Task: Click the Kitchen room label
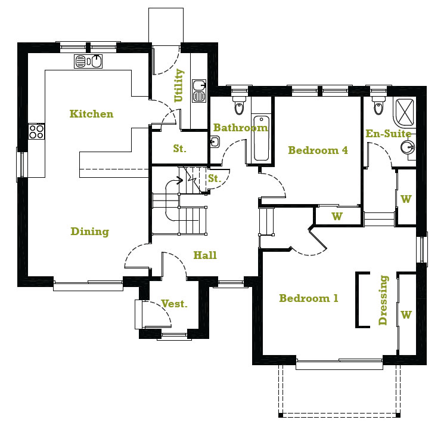click(x=91, y=113)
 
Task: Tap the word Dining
click(x=90, y=232)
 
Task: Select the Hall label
click(x=205, y=255)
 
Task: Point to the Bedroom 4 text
click(x=318, y=150)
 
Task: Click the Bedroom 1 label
click(x=309, y=298)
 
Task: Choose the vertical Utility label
click(x=179, y=86)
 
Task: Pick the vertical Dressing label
click(x=383, y=300)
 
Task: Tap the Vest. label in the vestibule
click(x=174, y=304)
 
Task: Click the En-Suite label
click(x=389, y=134)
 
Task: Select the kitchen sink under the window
click(x=89, y=60)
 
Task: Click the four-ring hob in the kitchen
click(x=36, y=131)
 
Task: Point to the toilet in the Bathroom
click(x=240, y=105)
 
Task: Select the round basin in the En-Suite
click(x=407, y=147)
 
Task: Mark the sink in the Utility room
click(x=199, y=91)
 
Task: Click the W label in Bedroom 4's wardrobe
click(x=337, y=216)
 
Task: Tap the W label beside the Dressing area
click(x=406, y=314)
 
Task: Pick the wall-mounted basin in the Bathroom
click(x=215, y=141)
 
